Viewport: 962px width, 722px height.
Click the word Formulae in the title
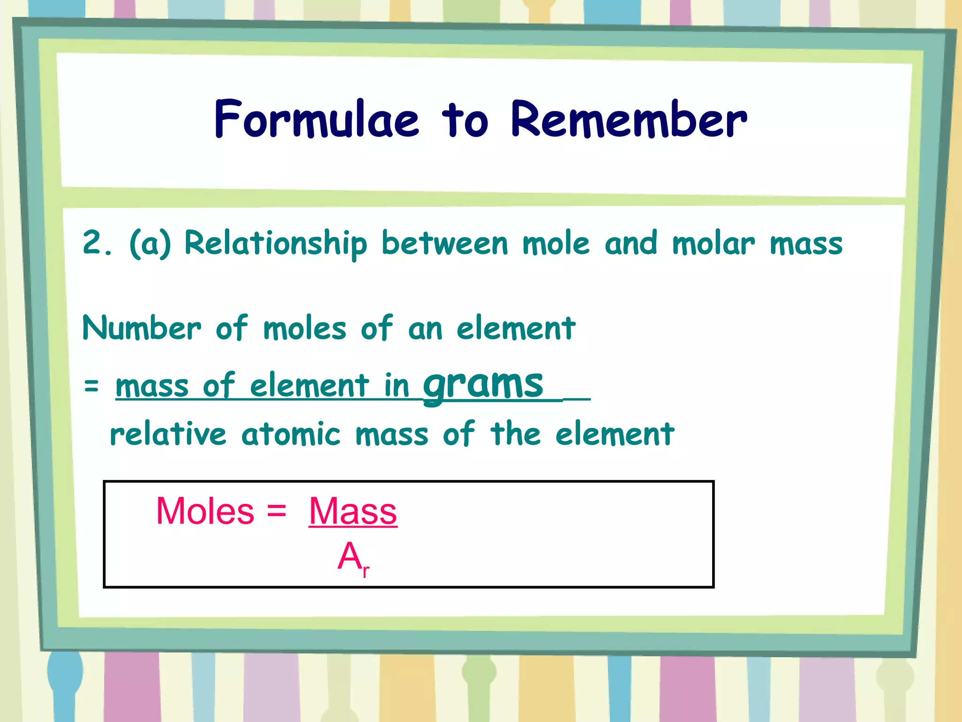(x=316, y=119)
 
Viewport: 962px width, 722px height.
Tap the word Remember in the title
(x=628, y=119)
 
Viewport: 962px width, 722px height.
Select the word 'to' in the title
(x=465, y=120)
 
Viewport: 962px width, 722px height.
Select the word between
(x=444, y=243)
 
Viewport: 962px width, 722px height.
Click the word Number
(x=141, y=328)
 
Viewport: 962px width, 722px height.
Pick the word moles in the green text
(x=304, y=329)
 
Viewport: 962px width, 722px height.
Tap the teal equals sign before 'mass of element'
(x=91, y=386)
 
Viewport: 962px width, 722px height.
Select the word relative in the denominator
(x=168, y=434)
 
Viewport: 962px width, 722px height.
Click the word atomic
(x=291, y=434)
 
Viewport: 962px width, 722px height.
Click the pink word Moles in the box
(x=205, y=511)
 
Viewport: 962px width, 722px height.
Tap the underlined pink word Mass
(x=353, y=511)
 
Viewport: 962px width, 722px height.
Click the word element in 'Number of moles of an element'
(x=516, y=328)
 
